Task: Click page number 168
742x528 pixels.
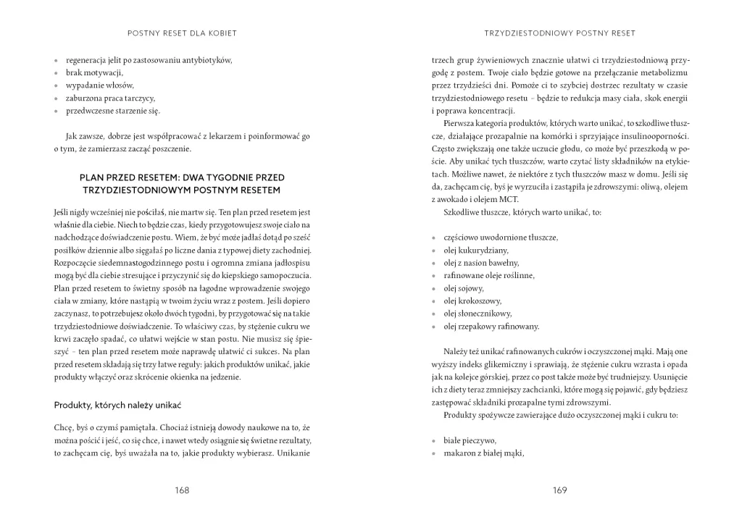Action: (x=182, y=490)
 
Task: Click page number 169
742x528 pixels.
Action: (x=559, y=490)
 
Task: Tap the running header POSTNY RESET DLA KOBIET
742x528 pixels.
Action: (x=182, y=33)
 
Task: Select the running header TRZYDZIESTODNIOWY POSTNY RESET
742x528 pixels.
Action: (x=559, y=33)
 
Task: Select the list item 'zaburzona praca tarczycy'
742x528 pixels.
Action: (x=110, y=99)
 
